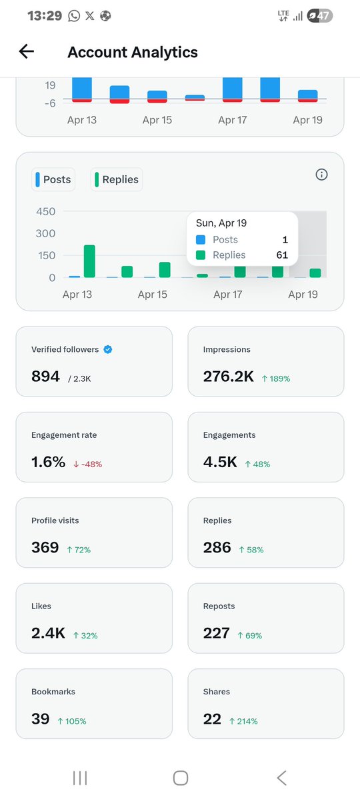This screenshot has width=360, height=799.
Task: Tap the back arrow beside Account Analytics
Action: pos(26,52)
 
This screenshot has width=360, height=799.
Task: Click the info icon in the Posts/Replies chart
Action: pos(321,175)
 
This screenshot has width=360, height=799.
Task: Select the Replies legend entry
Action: pos(116,179)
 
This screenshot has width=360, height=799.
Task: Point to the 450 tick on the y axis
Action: pos(45,212)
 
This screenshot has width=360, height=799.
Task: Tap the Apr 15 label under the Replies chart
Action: pos(152,294)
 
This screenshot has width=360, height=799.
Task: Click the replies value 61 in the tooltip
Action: pos(283,255)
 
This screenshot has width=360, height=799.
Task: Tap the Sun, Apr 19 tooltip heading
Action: pos(221,223)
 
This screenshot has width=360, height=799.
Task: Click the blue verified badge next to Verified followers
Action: pos(108,349)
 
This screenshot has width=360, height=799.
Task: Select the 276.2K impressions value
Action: pos(228,377)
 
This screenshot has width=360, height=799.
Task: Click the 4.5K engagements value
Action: pos(220,462)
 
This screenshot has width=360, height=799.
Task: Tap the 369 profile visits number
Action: pos(45,548)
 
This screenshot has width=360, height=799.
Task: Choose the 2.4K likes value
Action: pos(48,633)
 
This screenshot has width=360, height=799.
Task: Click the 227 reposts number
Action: pos(217,633)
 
